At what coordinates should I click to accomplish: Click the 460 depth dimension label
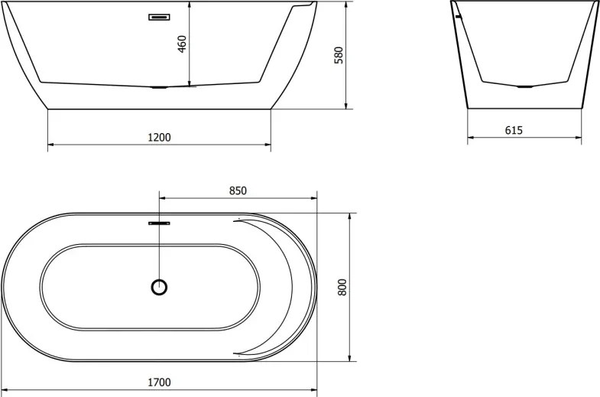click(183, 44)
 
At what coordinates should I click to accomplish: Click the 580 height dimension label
click(339, 55)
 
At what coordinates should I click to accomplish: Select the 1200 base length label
click(159, 137)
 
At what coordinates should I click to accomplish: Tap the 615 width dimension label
click(514, 131)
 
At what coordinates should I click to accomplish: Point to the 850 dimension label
click(238, 190)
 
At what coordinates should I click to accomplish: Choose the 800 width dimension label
click(342, 287)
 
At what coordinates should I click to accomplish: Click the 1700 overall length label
click(159, 382)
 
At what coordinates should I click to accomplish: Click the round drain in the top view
click(159, 287)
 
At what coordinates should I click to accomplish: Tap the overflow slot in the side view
click(159, 17)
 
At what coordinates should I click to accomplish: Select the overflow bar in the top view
click(159, 223)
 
